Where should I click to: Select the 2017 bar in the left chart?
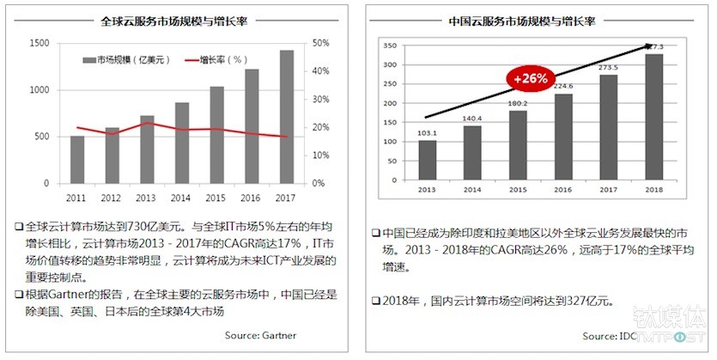(286, 117)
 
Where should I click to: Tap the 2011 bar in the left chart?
(77, 160)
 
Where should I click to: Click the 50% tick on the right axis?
(320, 43)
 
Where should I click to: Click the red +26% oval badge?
(530, 78)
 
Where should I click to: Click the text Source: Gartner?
(261, 335)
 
